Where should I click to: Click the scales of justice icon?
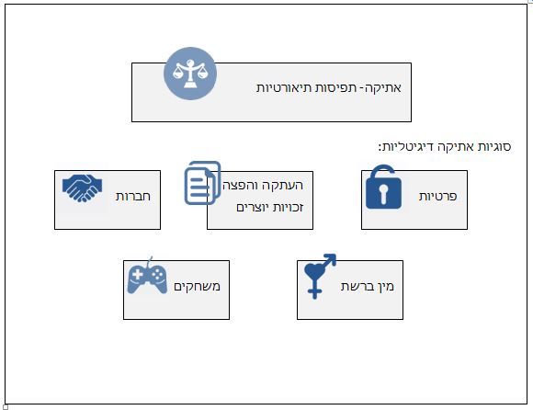[190, 74]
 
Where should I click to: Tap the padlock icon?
[383, 187]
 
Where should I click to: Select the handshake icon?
[83, 188]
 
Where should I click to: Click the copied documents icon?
[202, 183]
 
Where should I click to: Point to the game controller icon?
[147, 276]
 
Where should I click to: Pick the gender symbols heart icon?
[320, 276]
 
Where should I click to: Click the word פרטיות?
[437, 196]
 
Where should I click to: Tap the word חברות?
[133, 196]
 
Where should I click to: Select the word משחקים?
[198, 286]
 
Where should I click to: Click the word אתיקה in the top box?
[385, 87]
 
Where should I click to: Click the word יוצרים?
[249, 208]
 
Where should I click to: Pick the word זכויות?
[284, 208]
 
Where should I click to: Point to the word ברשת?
[356, 286]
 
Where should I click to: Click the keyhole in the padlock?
[383, 194]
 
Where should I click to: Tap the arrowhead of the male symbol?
[331, 258]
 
